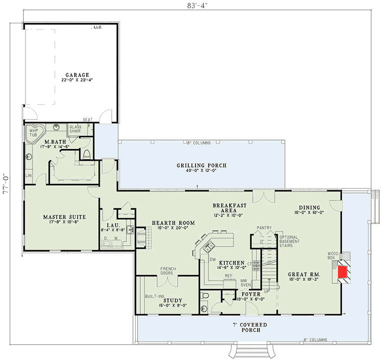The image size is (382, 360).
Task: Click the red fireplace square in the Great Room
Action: tap(342, 271)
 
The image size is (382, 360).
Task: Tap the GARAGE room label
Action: tap(76, 75)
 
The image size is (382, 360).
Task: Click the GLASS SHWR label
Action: tap(75, 129)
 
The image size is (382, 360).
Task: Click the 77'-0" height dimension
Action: tap(6, 183)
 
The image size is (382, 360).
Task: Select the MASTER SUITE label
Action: tap(64, 217)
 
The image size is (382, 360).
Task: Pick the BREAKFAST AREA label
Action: tap(230, 208)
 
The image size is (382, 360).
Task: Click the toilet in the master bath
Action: tap(87, 154)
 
